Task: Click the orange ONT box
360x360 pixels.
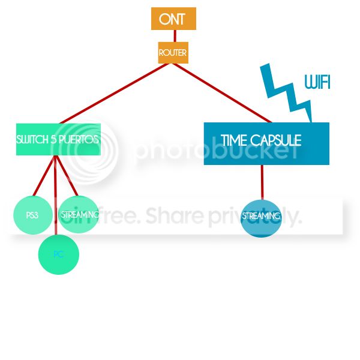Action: click(173, 19)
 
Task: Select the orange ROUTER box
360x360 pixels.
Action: click(173, 53)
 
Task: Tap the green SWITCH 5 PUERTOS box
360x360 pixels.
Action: click(58, 140)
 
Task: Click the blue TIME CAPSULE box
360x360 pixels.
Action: click(266, 143)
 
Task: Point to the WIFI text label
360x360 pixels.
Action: click(317, 82)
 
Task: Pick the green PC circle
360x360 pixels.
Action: click(59, 254)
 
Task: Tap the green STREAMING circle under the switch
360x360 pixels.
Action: click(79, 214)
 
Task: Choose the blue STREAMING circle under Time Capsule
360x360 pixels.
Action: click(261, 216)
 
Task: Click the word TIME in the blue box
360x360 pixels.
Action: click(233, 140)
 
